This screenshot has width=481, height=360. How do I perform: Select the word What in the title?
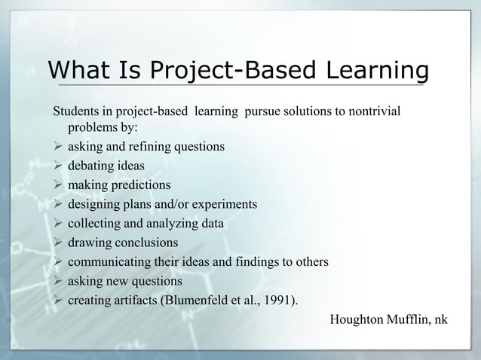75,72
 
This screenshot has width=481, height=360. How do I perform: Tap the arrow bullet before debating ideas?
57,165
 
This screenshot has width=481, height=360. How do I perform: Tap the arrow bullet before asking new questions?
57,282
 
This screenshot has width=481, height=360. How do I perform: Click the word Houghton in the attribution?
358,320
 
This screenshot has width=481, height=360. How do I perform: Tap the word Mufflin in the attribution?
410,320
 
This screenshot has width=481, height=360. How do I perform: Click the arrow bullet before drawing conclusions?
57,243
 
